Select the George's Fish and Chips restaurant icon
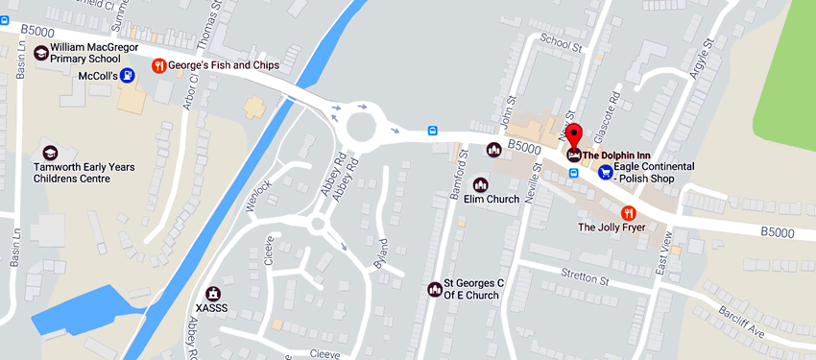159,65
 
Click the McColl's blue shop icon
128,75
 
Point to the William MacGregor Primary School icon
42,53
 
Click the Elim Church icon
494,149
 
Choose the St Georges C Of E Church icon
434,289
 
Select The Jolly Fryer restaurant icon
629,212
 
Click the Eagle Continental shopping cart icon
606,172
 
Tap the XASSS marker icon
214,293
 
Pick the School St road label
562,44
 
